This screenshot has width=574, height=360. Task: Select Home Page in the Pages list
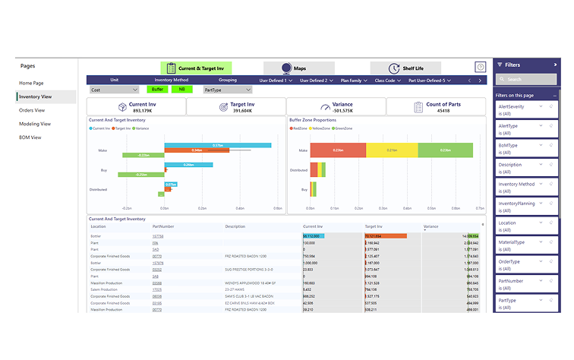32,83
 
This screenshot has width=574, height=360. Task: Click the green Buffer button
157,89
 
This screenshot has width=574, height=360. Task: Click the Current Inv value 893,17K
143,111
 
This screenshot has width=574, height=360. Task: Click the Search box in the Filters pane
525,79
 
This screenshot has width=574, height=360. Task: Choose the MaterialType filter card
525,245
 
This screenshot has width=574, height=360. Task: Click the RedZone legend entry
298,128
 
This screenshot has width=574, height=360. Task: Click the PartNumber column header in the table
163,226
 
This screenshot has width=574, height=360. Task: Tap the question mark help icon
480,68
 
